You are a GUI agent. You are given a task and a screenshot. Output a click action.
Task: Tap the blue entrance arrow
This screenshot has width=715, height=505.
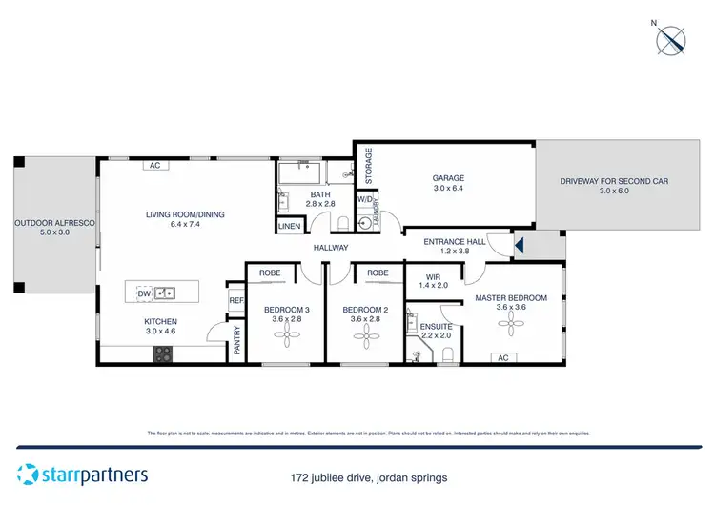click(520, 248)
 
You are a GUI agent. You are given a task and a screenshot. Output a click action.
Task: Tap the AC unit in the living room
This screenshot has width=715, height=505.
click(154, 165)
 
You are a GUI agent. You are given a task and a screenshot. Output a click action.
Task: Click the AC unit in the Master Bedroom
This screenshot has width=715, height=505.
click(503, 358)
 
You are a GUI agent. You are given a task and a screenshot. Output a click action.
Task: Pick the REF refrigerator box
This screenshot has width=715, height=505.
click(236, 299)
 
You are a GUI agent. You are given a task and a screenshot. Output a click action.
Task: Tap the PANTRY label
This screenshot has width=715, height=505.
click(236, 341)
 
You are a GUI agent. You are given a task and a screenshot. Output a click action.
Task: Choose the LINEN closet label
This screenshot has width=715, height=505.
click(289, 226)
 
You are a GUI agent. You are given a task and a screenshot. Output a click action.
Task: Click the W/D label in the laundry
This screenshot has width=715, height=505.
click(364, 200)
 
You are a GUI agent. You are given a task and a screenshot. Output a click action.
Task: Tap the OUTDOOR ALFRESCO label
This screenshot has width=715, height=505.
click(53, 228)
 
